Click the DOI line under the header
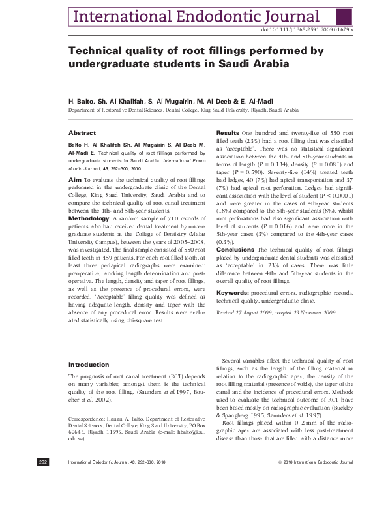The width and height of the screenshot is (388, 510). [x=306, y=30]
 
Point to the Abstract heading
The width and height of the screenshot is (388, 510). [x=82, y=132]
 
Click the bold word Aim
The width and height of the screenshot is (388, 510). [x=74, y=178]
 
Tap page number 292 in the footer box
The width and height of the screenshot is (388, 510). [x=43, y=499]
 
